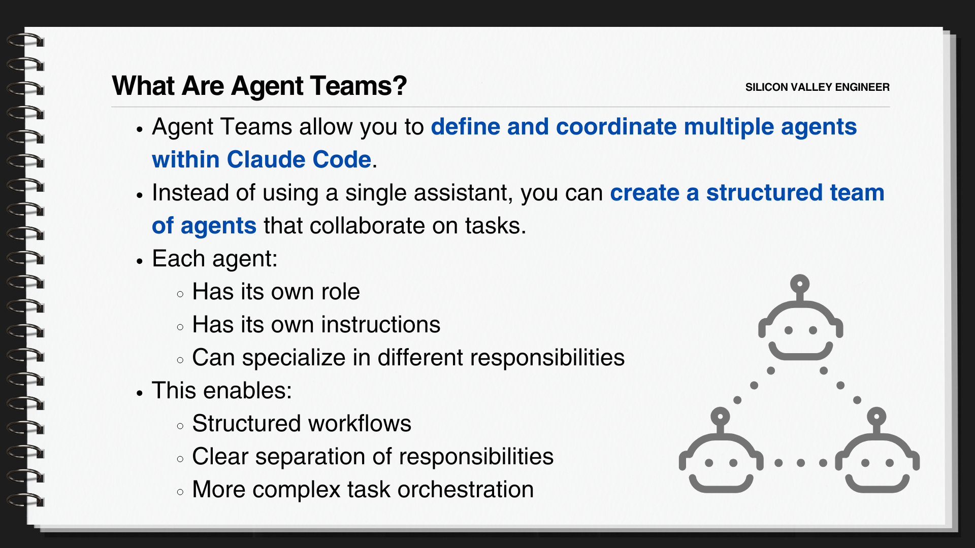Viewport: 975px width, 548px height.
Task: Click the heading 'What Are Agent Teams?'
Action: click(x=259, y=86)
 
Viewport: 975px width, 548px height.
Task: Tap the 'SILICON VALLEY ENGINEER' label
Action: click(x=817, y=87)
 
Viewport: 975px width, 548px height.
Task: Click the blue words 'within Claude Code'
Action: click(x=262, y=160)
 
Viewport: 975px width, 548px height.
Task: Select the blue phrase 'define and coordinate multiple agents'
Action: click(x=643, y=127)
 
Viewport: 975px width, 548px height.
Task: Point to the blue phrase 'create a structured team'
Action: click(x=747, y=193)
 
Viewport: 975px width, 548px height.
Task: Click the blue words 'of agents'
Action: click(x=204, y=226)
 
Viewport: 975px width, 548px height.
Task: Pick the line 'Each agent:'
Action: click(x=214, y=259)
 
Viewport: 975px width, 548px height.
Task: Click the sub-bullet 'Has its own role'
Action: click(x=276, y=292)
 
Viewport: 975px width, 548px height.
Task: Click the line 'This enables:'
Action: click(x=221, y=391)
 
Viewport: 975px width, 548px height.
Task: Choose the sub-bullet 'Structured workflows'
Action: click(x=302, y=424)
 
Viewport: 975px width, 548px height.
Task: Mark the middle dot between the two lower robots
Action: click(x=801, y=463)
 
